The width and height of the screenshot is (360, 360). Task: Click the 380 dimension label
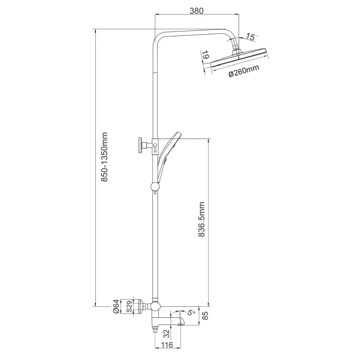click(x=197, y=11)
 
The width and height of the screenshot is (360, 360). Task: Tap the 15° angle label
click(x=252, y=37)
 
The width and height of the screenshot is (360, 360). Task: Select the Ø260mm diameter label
click(x=244, y=71)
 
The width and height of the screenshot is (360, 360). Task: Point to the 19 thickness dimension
click(x=205, y=55)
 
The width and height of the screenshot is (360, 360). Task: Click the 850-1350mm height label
click(x=104, y=157)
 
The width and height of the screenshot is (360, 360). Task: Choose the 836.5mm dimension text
click(x=201, y=220)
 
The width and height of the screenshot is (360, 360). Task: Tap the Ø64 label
click(x=116, y=306)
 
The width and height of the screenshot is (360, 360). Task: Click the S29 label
click(x=129, y=306)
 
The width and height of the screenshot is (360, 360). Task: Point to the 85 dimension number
click(x=206, y=315)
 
